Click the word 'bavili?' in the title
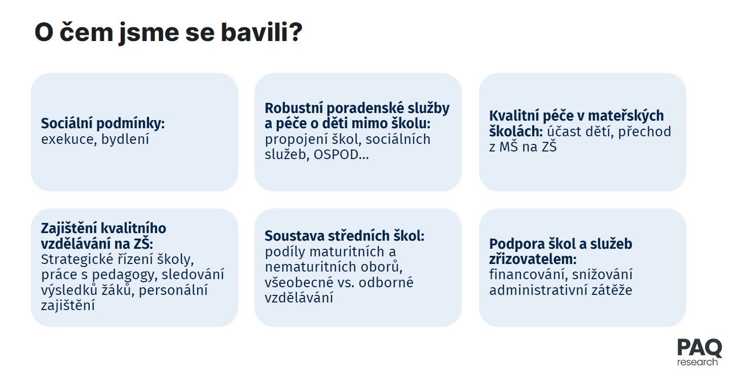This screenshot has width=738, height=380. point(261,32)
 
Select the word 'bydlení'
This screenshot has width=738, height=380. point(125,139)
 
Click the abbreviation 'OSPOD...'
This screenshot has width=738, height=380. point(341,155)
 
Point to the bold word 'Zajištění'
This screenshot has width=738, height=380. point(68,228)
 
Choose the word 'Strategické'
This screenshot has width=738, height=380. point(77,259)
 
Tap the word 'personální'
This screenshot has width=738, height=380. point(173,290)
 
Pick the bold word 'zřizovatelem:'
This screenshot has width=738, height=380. point(533,259)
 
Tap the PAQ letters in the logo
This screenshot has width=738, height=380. point(699,348)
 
